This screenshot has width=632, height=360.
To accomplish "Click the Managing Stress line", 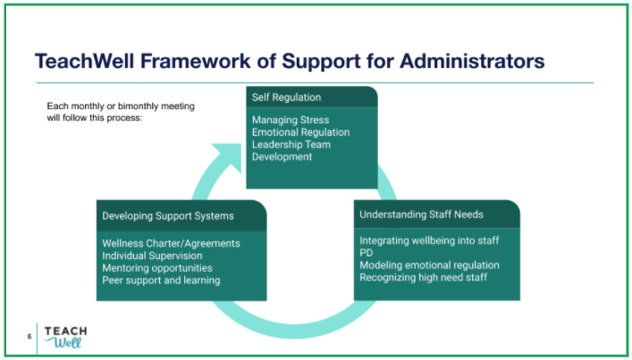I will coord(290,120).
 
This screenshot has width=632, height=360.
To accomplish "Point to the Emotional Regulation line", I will coord(300,132).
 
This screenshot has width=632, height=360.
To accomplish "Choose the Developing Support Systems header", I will coord(168,215).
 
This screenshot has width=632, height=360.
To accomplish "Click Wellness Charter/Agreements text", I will coord(171,243).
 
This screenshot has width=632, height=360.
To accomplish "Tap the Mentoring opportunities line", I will coord(157,268).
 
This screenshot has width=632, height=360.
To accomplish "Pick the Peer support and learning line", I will coord(161,280).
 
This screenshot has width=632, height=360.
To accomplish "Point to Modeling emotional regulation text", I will coord(429,265).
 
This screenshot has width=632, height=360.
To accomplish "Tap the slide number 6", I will coord(29,336).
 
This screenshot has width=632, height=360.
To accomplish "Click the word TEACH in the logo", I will coord(65,330).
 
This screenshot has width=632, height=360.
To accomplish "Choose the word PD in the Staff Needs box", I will coord(366,253).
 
